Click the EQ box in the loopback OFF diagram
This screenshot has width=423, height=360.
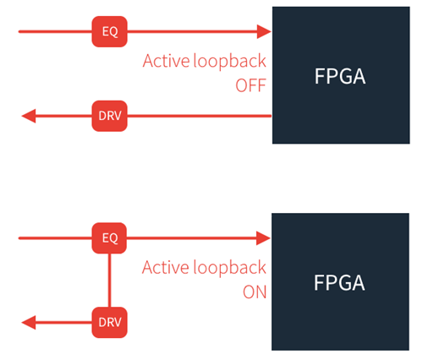pos(109,31)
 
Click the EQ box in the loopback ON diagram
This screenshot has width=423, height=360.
pos(109,238)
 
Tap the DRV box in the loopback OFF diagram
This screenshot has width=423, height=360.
pos(109,116)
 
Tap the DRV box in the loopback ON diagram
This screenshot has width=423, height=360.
pos(109,322)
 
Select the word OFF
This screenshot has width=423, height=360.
pos(250,85)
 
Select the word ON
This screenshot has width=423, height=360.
pos(255,292)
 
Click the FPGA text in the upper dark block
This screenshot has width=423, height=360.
pos(340,76)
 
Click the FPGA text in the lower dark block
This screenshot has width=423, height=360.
pos(339,283)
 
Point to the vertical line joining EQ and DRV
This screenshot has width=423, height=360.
pos(109,281)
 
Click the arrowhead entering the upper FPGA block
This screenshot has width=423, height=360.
pos(264,31)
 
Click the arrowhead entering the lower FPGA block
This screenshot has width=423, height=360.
pos(263,238)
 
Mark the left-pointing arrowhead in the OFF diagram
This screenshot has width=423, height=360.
pos(29,116)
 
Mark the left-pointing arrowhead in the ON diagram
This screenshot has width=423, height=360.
pos(29,322)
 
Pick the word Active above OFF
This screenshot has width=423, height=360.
pos(166,61)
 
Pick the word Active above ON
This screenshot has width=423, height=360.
pos(166,267)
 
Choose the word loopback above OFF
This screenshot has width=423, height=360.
pos(229,61)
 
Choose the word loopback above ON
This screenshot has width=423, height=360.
pos(229,268)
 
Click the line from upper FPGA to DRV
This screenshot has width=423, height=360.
pos(200,116)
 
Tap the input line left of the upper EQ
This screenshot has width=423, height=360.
pos(55,31)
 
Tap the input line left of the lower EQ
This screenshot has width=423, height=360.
pos(55,238)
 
